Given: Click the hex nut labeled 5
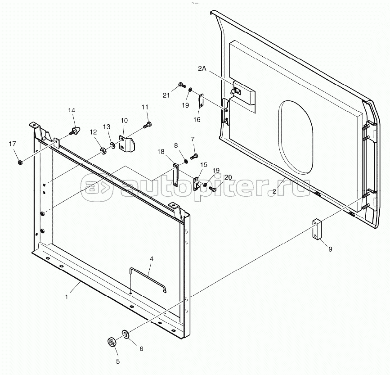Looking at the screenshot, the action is tap(111, 342).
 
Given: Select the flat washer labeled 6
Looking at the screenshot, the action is tap(125, 334).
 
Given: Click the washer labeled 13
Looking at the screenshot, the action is tap(112, 145).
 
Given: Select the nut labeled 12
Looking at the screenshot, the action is tap(103, 151).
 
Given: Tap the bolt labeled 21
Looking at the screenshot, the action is tap(182, 85).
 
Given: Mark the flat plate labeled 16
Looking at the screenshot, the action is tap(201, 100).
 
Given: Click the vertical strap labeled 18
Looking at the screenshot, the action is tap(175, 175).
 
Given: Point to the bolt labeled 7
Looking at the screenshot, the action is tap(194, 157).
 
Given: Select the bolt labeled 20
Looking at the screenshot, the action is tap(212, 189).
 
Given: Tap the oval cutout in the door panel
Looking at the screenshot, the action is tap(296, 137).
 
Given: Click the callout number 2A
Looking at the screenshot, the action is tap(202, 68).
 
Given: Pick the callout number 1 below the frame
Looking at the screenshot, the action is tap(67, 297).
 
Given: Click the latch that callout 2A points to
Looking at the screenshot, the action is tap(236, 91).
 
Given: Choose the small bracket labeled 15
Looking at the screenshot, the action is tap(197, 183).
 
